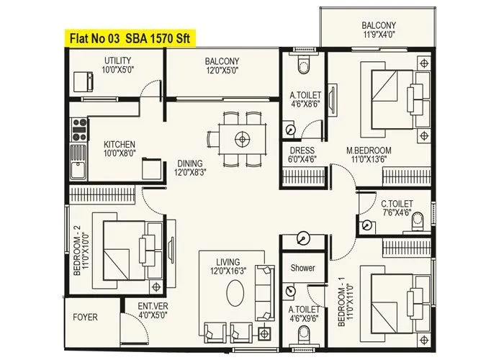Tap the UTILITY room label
pyautogui.click(x=118, y=60)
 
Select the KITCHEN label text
pyautogui.click(x=119, y=143)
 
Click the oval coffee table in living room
pyautogui.click(x=236, y=294)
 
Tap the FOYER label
pyautogui.click(x=85, y=316)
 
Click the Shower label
pyautogui.click(x=302, y=268)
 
